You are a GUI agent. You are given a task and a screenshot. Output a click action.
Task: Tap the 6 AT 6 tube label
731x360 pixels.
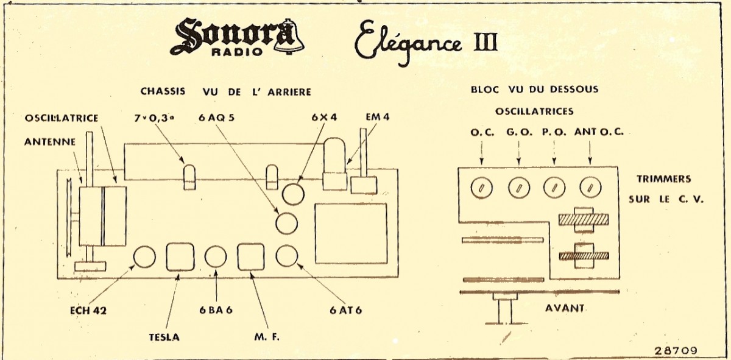click(x=346, y=309)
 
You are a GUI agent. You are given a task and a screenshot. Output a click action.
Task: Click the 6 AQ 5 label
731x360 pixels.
click(x=217, y=118)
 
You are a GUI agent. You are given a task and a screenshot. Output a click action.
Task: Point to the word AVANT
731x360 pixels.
click(x=565, y=308)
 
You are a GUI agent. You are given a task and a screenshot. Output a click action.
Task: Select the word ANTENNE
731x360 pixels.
click(x=50, y=141)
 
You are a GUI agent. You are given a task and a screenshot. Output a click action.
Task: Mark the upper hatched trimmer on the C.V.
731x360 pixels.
click(x=582, y=219)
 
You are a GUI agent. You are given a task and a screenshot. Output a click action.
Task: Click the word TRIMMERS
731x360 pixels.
click(x=663, y=179)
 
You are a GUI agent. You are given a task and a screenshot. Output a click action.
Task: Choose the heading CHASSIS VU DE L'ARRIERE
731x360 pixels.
click(x=226, y=91)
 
